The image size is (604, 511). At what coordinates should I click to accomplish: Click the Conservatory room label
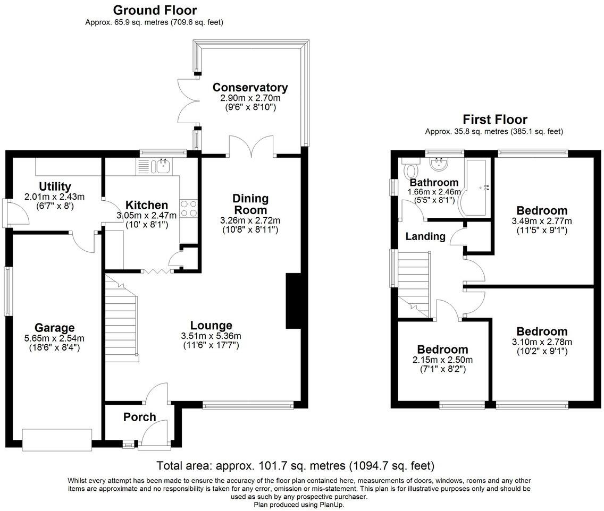pyautogui.click(x=250, y=88)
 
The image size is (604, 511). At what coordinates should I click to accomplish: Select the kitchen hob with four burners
pyautogui.click(x=188, y=208)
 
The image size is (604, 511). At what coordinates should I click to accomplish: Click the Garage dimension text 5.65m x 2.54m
pyautogui.click(x=55, y=338)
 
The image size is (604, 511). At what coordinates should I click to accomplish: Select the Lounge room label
pyautogui.click(x=212, y=325)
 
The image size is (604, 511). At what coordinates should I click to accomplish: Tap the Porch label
pyautogui.click(x=139, y=417)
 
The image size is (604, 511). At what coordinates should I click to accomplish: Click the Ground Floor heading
pyautogui.click(x=155, y=10)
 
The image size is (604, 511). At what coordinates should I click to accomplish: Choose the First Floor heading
pyautogui.click(x=494, y=119)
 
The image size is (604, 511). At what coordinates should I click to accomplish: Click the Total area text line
pyautogui.click(x=295, y=466)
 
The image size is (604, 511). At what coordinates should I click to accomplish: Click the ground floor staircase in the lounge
pyautogui.click(x=122, y=319)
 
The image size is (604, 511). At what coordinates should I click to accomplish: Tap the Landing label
pyautogui.click(x=425, y=236)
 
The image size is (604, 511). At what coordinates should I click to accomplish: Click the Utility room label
pyautogui.click(x=55, y=186)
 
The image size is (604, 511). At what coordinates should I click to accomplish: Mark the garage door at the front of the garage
pyautogui.click(x=57, y=439)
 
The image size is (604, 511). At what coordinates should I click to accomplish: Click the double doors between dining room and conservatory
pyautogui.click(x=253, y=146)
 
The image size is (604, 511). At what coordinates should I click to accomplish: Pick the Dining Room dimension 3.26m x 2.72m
pyautogui.click(x=250, y=220)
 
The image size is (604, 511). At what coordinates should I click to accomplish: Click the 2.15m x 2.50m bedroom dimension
pyautogui.click(x=442, y=360)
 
